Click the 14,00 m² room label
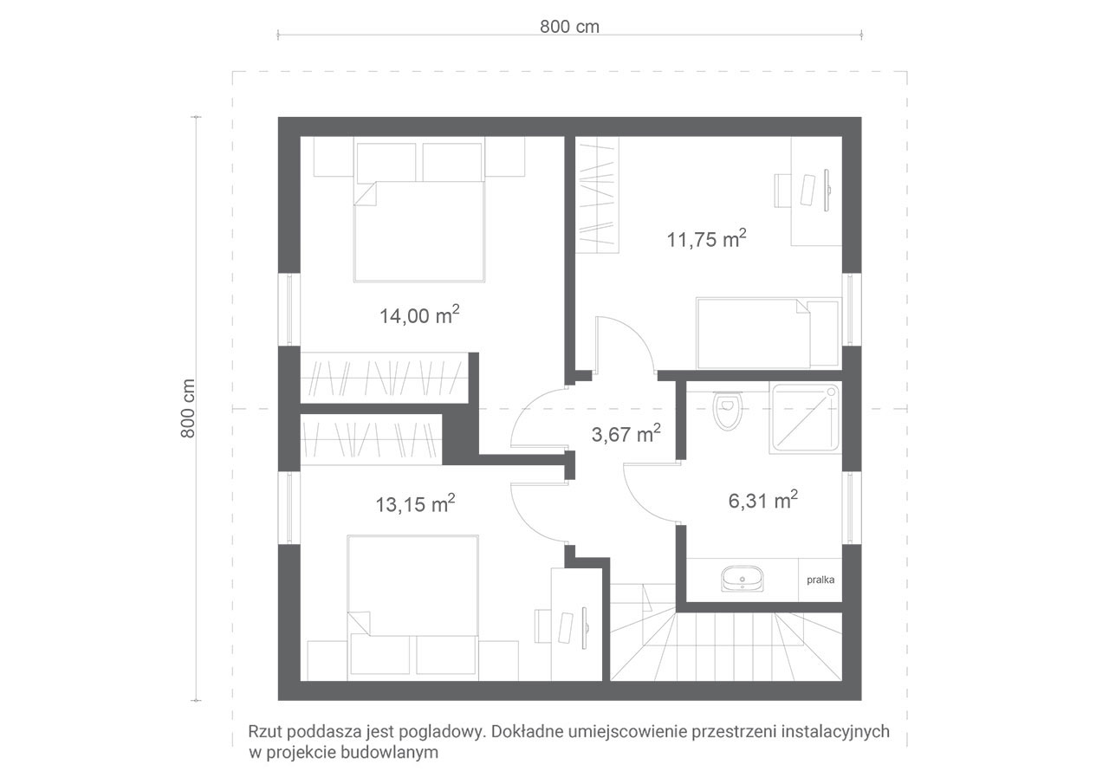[419, 314]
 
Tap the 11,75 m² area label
[706, 238]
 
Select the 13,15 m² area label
[415, 503]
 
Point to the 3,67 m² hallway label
[626, 433]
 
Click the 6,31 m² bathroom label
[763, 500]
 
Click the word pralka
[820, 580]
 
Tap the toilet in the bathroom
[727, 411]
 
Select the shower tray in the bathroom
[806, 418]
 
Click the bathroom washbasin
[743, 579]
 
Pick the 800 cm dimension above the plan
[569, 27]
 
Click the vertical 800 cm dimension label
[188, 408]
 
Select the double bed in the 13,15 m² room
[413, 605]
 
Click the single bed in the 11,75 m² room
[769, 334]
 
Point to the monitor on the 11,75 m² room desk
[827, 190]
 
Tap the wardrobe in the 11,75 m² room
[597, 195]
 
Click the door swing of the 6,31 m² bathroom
[651, 493]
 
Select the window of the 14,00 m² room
[289, 309]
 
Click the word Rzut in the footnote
[265, 731]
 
